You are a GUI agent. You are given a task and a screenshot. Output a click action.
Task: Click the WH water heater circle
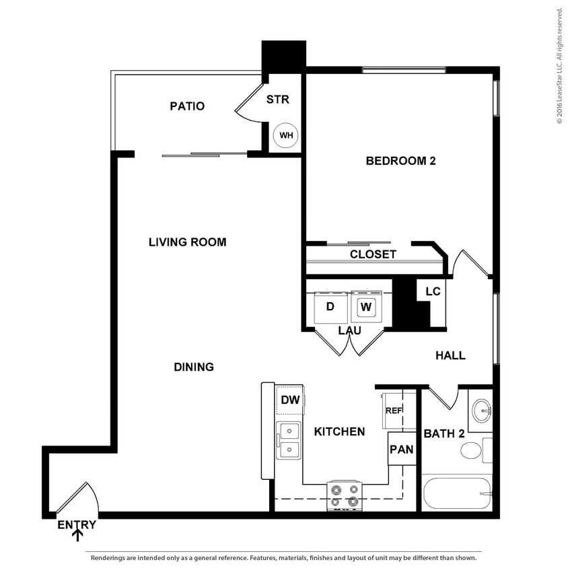pyautogui.click(x=286, y=135)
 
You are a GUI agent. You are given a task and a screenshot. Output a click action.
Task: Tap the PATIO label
pyautogui.click(x=187, y=106)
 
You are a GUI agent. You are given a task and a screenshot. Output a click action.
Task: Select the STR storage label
pyautogui.click(x=277, y=100)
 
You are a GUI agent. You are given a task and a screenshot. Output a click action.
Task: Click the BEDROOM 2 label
pyautogui.click(x=396, y=161)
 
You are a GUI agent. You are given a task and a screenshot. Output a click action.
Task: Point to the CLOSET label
pyautogui.click(x=373, y=254)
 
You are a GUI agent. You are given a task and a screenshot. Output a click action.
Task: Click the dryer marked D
pyautogui.click(x=330, y=307)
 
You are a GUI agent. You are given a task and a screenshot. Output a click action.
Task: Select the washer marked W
pyautogui.click(x=366, y=307)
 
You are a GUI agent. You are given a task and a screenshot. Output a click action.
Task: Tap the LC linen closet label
pyautogui.click(x=433, y=291)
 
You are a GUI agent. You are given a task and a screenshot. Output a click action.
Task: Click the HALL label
pyautogui.click(x=450, y=355)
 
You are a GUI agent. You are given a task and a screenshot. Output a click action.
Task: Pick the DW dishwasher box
pyautogui.click(x=290, y=400)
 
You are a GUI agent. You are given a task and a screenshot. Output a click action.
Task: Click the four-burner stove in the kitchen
pyautogui.click(x=345, y=496)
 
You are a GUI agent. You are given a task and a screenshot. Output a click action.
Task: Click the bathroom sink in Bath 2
pyautogui.click(x=481, y=410)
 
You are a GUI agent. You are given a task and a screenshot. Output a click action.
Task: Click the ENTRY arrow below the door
pyautogui.click(x=77, y=536)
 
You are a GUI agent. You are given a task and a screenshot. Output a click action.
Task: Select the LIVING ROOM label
pyautogui.click(x=187, y=242)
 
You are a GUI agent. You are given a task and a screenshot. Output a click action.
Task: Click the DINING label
pyautogui.click(x=194, y=367)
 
